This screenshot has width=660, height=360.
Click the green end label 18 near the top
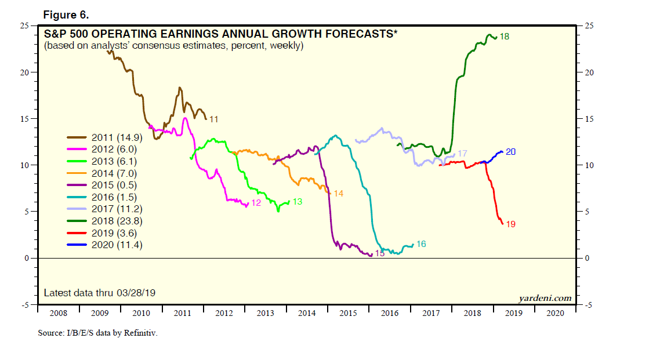(x=504, y=37)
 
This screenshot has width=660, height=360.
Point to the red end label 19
(x=510, y=224)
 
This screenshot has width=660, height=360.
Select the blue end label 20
(x=510, y=152)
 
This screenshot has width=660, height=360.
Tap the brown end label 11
(x=213, y=119)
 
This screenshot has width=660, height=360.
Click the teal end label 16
(x=421, y=244)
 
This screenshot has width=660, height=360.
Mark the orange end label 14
(x=338, y=193)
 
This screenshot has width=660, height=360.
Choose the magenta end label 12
(x=256, y=203)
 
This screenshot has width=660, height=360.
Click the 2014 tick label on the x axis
(x=306, y=313)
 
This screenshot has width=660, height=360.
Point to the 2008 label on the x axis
(x=58, y=313)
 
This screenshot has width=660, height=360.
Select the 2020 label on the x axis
(x=554, y=313)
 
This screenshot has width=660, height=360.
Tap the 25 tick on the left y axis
(x=25, y=26)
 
